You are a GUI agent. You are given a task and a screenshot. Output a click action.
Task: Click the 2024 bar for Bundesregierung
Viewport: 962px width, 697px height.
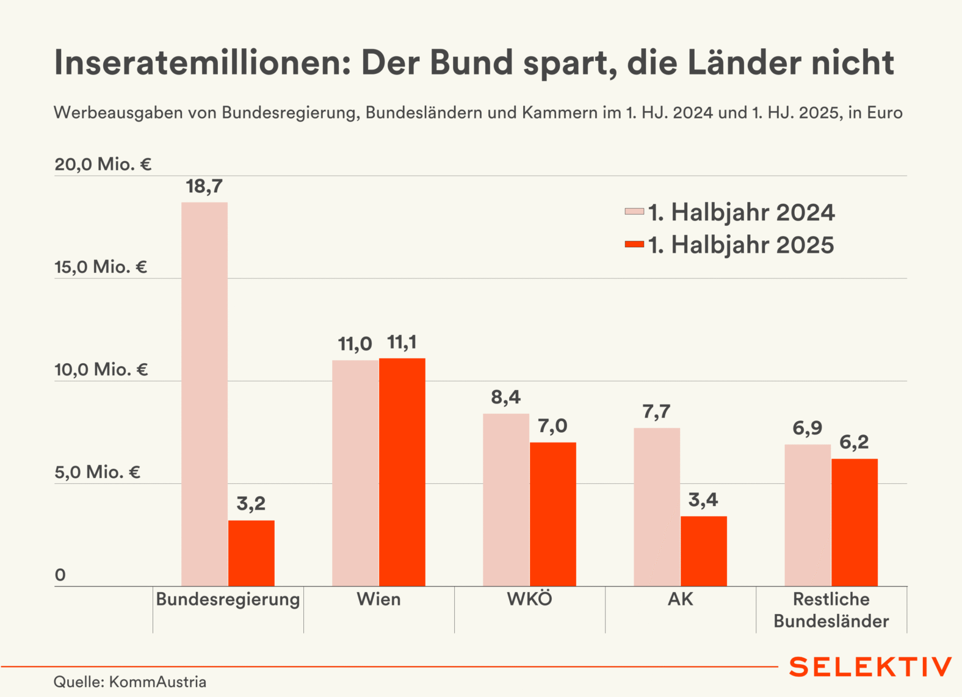(x=204, y=394)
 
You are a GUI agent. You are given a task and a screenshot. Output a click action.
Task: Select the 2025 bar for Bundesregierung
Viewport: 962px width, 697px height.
(x=251, y=553)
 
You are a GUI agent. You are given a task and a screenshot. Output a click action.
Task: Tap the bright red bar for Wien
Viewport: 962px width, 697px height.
(x=402, y=472)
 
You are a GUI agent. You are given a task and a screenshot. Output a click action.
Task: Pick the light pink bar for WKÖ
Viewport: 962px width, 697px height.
(x=506, y=500)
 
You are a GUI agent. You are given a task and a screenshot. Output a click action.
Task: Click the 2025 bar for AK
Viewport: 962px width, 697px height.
(x=704, y=551)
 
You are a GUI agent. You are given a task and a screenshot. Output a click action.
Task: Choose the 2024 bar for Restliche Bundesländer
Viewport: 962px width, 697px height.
(x=808, y=515)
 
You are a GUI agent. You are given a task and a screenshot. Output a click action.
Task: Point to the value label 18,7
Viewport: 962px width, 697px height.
(x=204, y=186)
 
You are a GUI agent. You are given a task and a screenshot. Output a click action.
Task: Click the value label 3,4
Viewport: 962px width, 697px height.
(x=703, y=500)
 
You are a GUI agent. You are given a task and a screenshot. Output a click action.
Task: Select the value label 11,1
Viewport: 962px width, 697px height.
(x=402, y=342)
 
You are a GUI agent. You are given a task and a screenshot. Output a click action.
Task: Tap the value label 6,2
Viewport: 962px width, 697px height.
(x=854, y=442)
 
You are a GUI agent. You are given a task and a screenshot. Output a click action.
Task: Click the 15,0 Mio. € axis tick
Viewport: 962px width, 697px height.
(x=101, y=267)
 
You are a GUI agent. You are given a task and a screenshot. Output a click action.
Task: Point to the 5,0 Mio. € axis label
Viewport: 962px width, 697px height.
(x=98, y=472)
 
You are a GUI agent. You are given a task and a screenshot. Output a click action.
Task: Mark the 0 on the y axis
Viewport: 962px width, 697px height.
(x=60, y=575)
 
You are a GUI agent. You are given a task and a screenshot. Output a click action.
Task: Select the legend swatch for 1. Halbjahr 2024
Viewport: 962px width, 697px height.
(x=634, y=212)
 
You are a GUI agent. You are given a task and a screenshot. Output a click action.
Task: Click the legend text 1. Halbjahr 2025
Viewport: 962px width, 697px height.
(x=741, y=245)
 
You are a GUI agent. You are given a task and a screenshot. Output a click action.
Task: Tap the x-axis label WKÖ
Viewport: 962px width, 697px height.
(x=529, y=599)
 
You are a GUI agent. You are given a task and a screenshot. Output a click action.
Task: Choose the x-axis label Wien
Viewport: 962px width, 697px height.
(x=378, y=599)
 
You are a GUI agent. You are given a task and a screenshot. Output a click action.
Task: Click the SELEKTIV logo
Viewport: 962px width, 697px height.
(x=870, y=667)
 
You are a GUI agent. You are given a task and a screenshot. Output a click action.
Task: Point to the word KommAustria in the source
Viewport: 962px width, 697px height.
(x=157, y=682)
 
